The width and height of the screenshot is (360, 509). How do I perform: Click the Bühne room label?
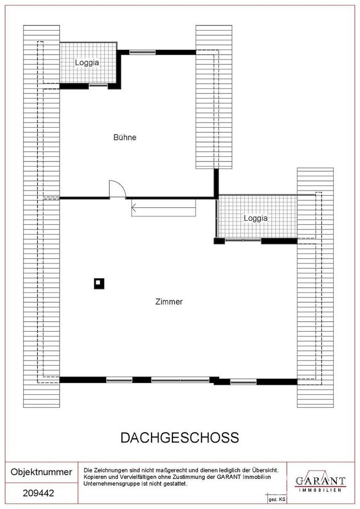pyautogui.click(x=125, y=137)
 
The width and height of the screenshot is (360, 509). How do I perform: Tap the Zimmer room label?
pyautogui.click(x=169, y=302)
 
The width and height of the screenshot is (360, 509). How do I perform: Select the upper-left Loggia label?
pyautogui.click(x=87, y=62)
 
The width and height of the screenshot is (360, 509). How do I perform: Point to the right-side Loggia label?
pyautogui.click(x=256, y=218)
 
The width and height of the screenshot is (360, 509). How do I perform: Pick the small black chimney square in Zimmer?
pyautogui.click(x=99, y=283)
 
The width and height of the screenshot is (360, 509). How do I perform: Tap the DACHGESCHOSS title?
pyautogui.click(x=180, y=437)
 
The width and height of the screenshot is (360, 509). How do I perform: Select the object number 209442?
pyautogui.click(x=38, y=493)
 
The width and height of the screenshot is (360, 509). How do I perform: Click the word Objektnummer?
pyautogui.click(x=41, y=472)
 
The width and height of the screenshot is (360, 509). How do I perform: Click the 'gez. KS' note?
pyautogui.click(x=277, y=500)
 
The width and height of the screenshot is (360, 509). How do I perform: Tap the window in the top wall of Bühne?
pyautogui.click(x=142, y=52)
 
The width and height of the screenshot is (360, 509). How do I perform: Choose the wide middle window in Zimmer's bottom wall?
pyautogui.click(x=180, y=380)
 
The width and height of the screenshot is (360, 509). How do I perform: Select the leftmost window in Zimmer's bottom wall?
pyautogui.click(x=119, y=380)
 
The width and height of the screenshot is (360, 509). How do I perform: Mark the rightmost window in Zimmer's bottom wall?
pyautogui.click(x=243, y=382)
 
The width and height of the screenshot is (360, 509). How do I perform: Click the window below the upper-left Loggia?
pyautogui.click(x=98, y=86)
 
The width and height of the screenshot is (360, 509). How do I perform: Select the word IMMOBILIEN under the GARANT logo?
pyautogui.click(x=320, y=490)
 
